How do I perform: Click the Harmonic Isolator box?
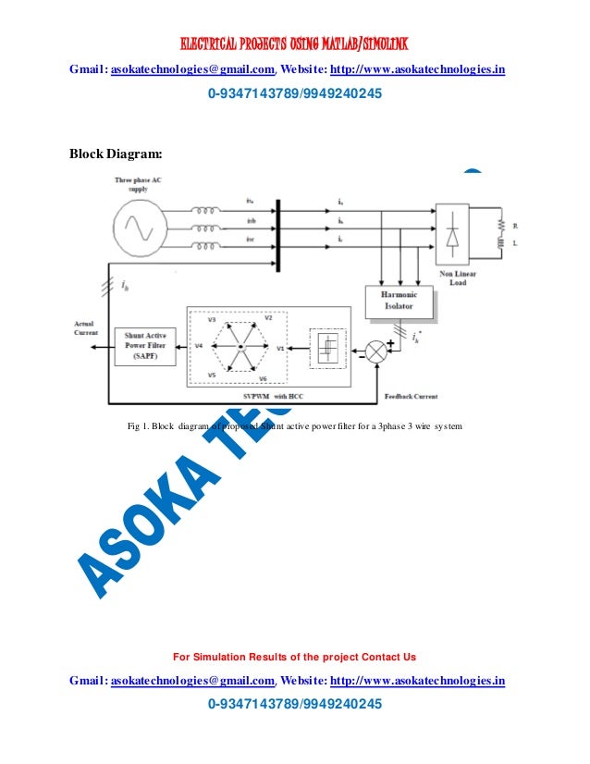pyautogui.click(x=399, y=301)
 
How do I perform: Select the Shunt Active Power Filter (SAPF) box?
pyautogui.click(x=143, y=347)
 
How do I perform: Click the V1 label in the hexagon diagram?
pyautogui.click(x=280, y=348)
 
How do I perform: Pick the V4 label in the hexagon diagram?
pyautogui.click(x=199, y=346)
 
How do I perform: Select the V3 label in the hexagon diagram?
pyautogui.click(x=212, y=319)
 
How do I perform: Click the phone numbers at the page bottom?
pyautogui.click(x=294, y=705)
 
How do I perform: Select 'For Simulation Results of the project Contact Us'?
pyautogui.click(x=294, y=657)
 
